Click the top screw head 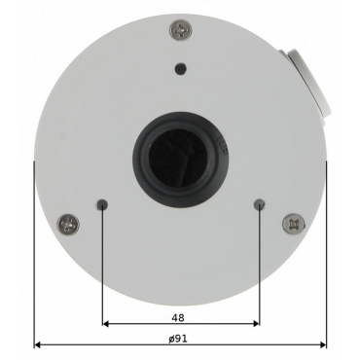[181, 30]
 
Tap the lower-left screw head [68, 225]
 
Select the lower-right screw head [293, 224]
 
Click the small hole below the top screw [181, 68]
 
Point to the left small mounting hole [102, 204]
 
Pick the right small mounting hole [259, 204]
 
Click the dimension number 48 [178, 317]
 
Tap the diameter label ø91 [178, 339]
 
